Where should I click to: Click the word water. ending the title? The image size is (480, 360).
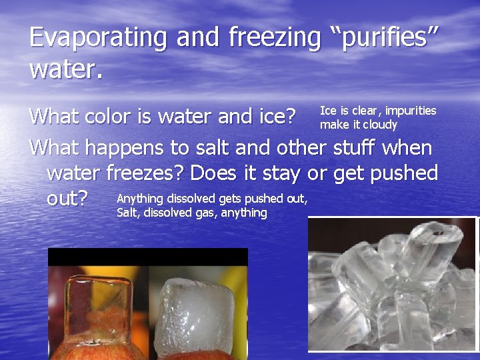67,69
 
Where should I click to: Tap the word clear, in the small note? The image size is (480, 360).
365,111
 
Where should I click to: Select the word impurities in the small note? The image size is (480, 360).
411,111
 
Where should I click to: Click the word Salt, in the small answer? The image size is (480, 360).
128,213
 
